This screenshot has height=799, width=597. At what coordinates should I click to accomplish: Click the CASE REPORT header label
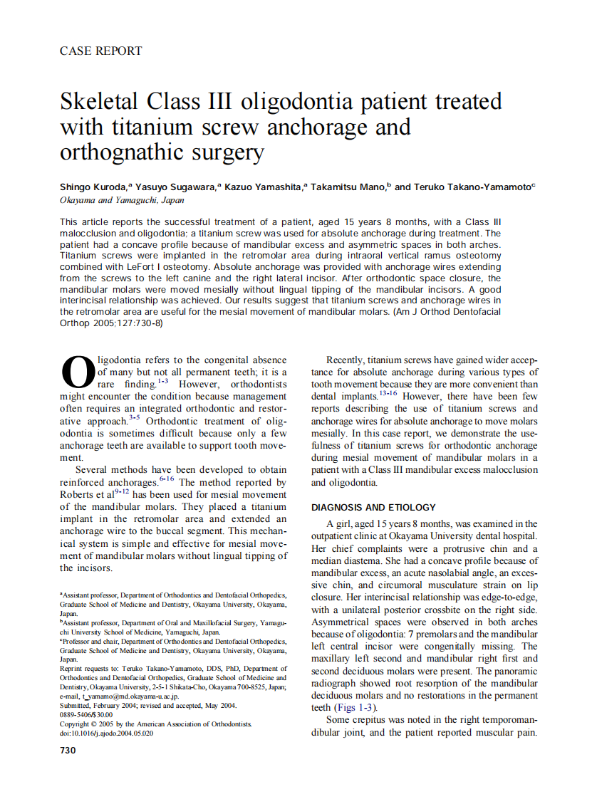pyautogui.click(x=100, y=51)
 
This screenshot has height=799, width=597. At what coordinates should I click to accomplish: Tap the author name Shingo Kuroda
pyautogui.click(x=93, y=187)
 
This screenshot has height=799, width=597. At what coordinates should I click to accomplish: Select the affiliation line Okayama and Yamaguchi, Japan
pyautogui.click(x=122, y=201)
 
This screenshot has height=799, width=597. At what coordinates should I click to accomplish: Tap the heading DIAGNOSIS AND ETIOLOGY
pyautogui.click(x=373, y=508)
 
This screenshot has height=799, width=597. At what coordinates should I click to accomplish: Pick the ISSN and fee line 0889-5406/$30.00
pyautogui.click(x=86, y=714)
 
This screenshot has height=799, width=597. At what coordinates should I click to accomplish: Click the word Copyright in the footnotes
pyautogui.click(x=77, y=724)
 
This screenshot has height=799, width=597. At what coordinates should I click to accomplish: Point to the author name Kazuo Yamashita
pyautogui.click(x=264, y=187)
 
